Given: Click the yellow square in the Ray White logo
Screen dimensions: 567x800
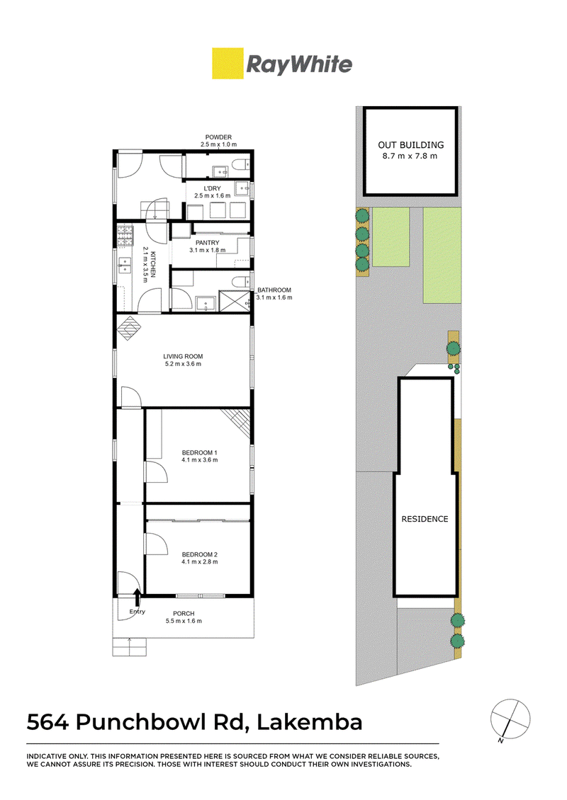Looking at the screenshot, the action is (228, 63).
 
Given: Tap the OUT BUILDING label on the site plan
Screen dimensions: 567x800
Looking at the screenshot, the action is (410, 145).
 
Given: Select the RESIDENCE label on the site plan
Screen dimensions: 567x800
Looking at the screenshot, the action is (425, 519).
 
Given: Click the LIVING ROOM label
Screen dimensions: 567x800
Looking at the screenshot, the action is (183, 357).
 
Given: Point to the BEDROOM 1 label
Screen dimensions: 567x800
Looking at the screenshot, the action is (200, 452).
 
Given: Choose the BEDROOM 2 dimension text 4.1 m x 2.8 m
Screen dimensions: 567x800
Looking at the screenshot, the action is (200, 561).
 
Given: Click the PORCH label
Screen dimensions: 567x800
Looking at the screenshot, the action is (184, 614).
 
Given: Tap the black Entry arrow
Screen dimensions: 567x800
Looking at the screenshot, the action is (136, 597).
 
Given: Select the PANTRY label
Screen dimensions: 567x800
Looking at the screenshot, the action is (208, 243).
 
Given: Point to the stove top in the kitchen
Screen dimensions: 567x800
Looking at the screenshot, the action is (125, 236).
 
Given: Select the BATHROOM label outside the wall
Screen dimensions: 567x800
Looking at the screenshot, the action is (274, 290).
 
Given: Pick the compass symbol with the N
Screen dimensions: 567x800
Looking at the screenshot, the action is (510, 719).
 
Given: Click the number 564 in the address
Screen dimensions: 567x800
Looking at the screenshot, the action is (47, 722).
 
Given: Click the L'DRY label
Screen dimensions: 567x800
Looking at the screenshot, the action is (213, 188).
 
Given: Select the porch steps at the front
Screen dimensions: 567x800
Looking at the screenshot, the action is (130, 647).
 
